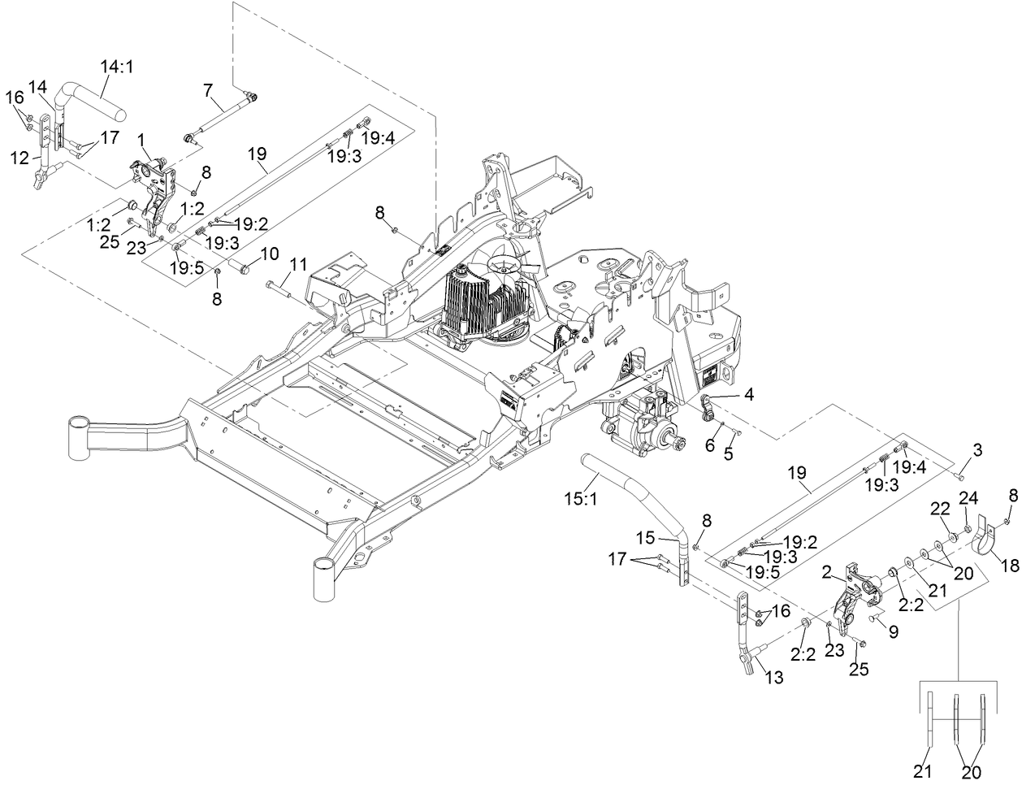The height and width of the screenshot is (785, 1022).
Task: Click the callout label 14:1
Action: pyautogui.click(x=118, y=66)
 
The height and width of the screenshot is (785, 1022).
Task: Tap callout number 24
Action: pyautogui.click(x=966, y=497)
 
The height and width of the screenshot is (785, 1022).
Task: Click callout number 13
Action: pyautogui.click(x=774, y=677)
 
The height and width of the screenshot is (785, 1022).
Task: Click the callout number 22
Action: pyautogui.click(x=939, y=508)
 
